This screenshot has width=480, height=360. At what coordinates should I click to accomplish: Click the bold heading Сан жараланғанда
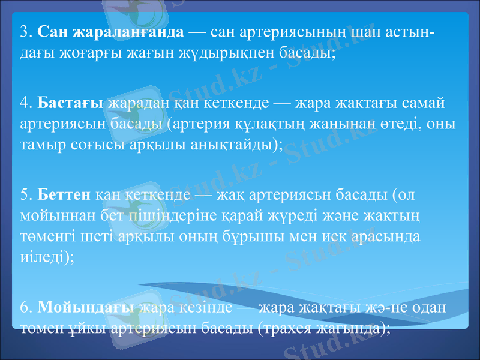coord(111,30)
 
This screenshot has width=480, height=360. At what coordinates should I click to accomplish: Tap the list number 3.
coord(25,30)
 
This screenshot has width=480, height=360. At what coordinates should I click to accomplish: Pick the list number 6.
coord(25,307)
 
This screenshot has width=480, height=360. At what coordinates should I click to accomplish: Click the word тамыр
coord(40,146)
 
